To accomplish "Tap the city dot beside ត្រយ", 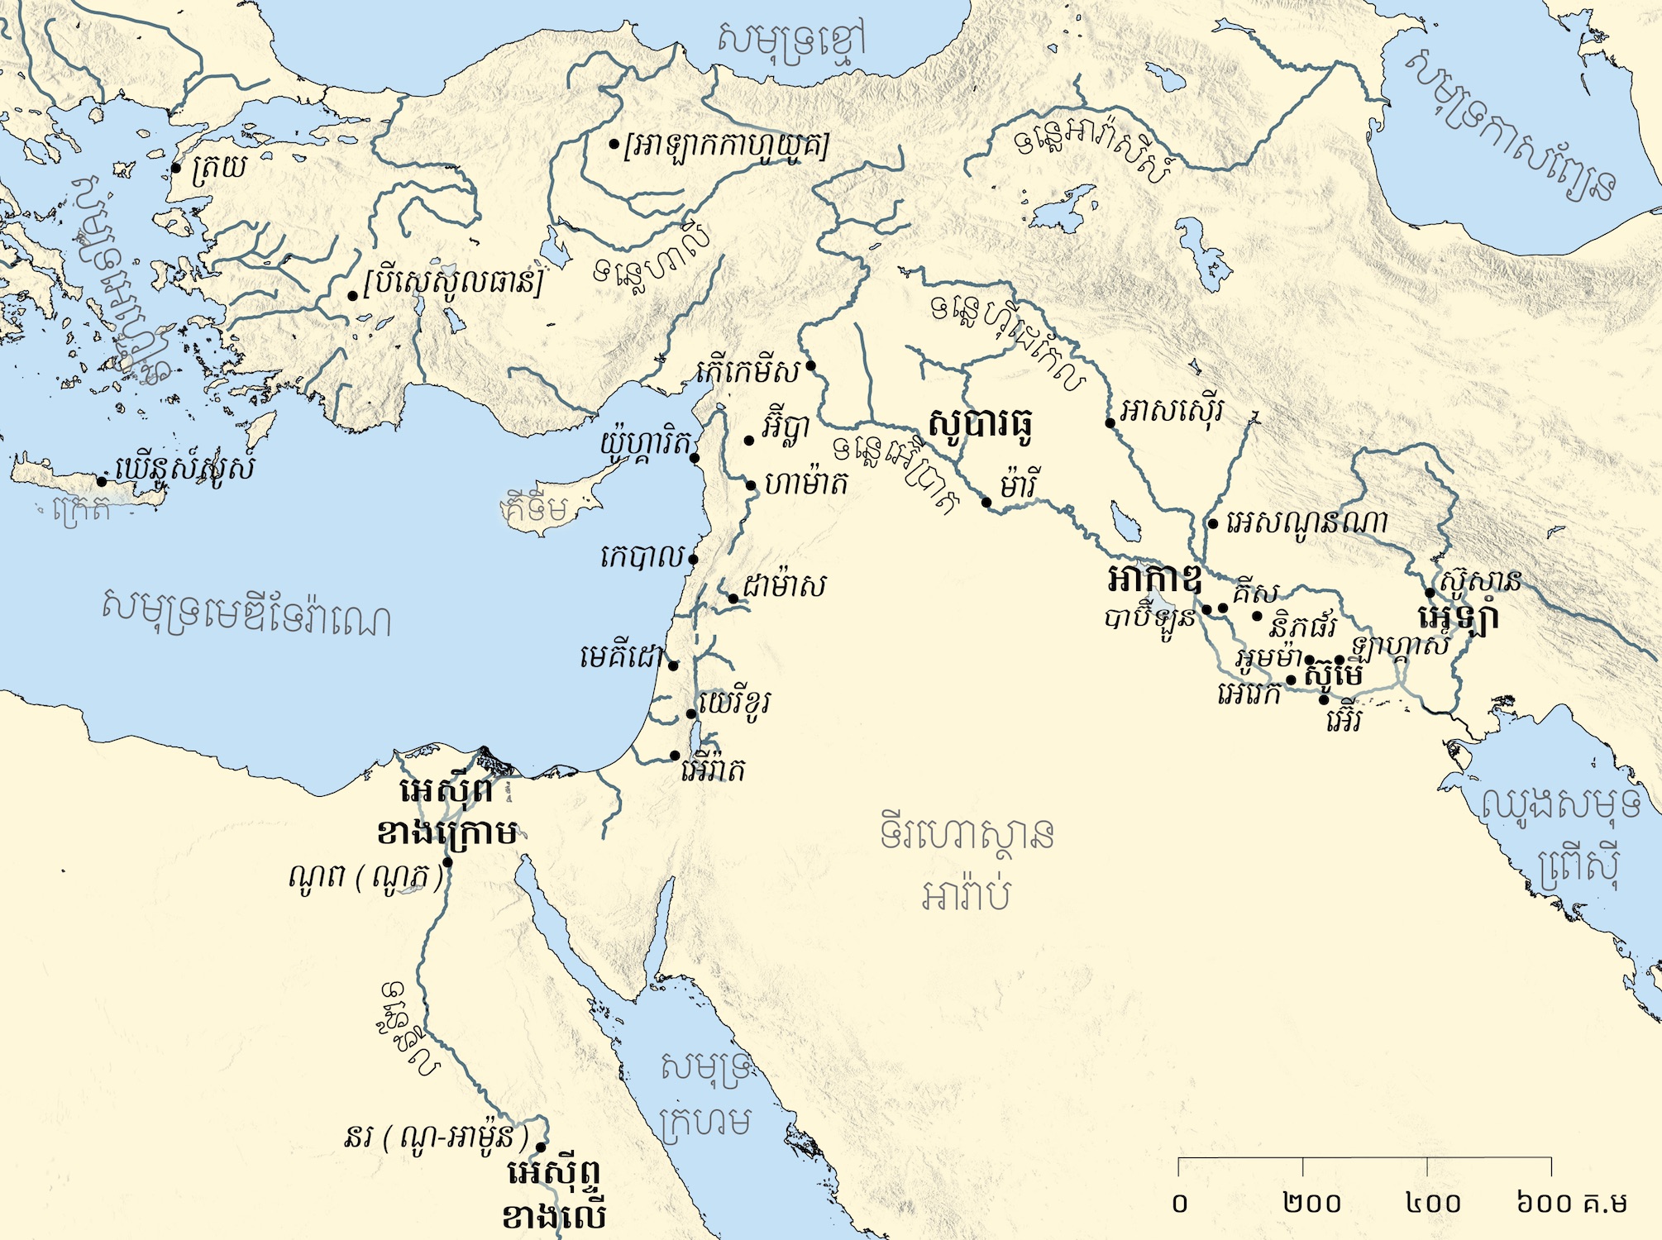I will point(176,168).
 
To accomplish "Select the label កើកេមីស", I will point(748,372).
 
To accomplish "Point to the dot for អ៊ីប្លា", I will point(749,441).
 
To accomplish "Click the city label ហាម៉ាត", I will point(806,484).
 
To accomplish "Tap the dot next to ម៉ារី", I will point(986,503).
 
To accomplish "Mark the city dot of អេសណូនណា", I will point(1213,523).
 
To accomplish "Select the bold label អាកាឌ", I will point(1153,579).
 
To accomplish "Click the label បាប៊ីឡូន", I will point(1149,618).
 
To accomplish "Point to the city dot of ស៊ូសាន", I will point(1430,593).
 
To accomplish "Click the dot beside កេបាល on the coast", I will point(693,560).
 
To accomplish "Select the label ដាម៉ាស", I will point(783,587).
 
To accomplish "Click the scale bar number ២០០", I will point(1312,1204).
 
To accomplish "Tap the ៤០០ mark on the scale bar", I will point(1433,1204).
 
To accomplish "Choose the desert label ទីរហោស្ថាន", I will point(966,835).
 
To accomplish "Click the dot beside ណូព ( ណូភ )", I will point(447,862).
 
